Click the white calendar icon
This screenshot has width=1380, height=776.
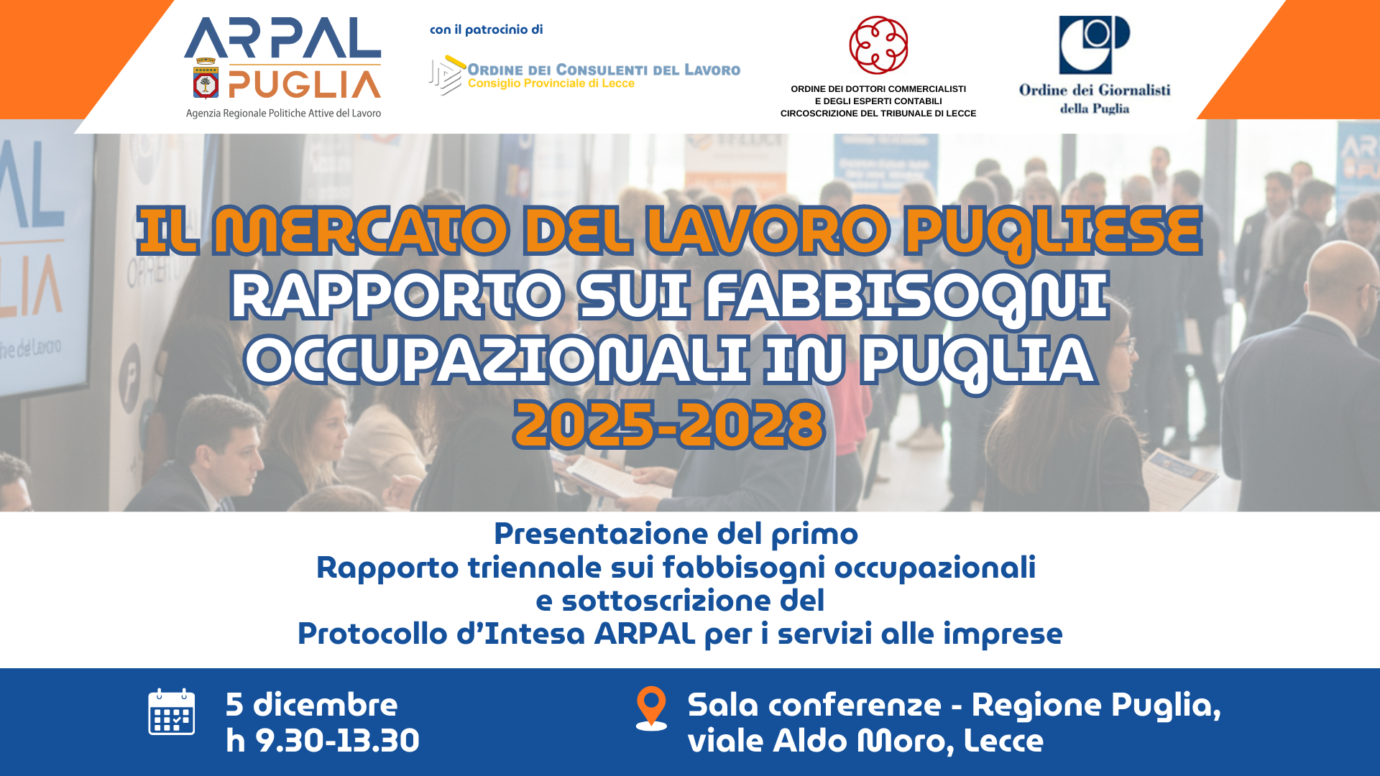[x=171, y=711]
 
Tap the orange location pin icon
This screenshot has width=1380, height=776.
[x=651, y=707]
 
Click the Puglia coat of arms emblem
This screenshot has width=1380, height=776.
[x=206, y=78]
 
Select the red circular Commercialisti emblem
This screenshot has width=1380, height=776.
[x=878, y=45]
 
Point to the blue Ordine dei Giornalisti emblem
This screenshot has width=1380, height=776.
[x=1094, y=45]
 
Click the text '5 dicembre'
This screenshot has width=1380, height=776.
[x=311, y=704]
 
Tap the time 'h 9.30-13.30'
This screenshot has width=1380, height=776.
[x=322, y=740]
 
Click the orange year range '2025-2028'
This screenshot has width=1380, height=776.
[x=669, y=425]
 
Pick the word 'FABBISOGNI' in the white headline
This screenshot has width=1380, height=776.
[x=907, y=296]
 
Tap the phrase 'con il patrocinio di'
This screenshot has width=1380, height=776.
[x=486, y=29]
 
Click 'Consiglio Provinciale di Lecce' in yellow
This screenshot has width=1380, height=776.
[x=551, y=83]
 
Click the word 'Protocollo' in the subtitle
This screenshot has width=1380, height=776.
[x=372, y=634]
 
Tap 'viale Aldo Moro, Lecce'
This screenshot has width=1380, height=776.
[x=865, y=741]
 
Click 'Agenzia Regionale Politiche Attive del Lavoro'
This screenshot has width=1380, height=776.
[x=283, y=114]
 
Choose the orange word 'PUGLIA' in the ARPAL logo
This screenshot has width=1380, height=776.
[x=304, y=84]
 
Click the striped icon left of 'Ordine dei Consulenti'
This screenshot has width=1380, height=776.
[x=446, y=75]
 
